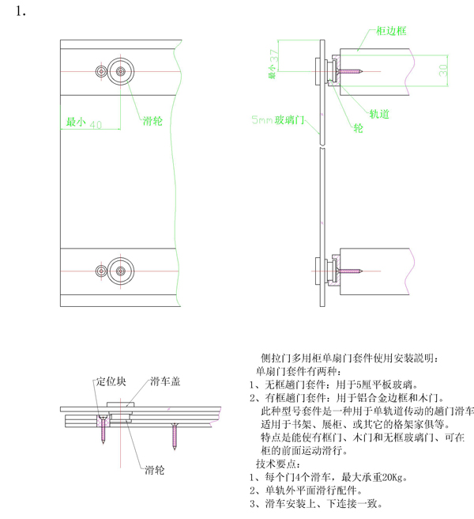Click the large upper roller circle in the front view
pos(121,71)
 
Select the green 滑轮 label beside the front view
pos(153,122)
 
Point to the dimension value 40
pos(96,124)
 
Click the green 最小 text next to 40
pos(75,123)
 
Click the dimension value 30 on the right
pos(443,71)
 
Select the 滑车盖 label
pos(165,382)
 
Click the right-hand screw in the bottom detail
pos(175,432)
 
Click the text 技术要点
pos(277,464)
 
